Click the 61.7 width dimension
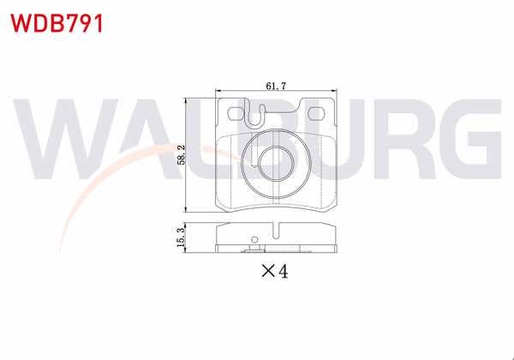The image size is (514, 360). tap(276, 86)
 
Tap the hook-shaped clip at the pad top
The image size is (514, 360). tap(253, 113)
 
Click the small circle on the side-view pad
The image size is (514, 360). tap(253, 241)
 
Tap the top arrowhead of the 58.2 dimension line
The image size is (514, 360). tap(188, 99)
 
